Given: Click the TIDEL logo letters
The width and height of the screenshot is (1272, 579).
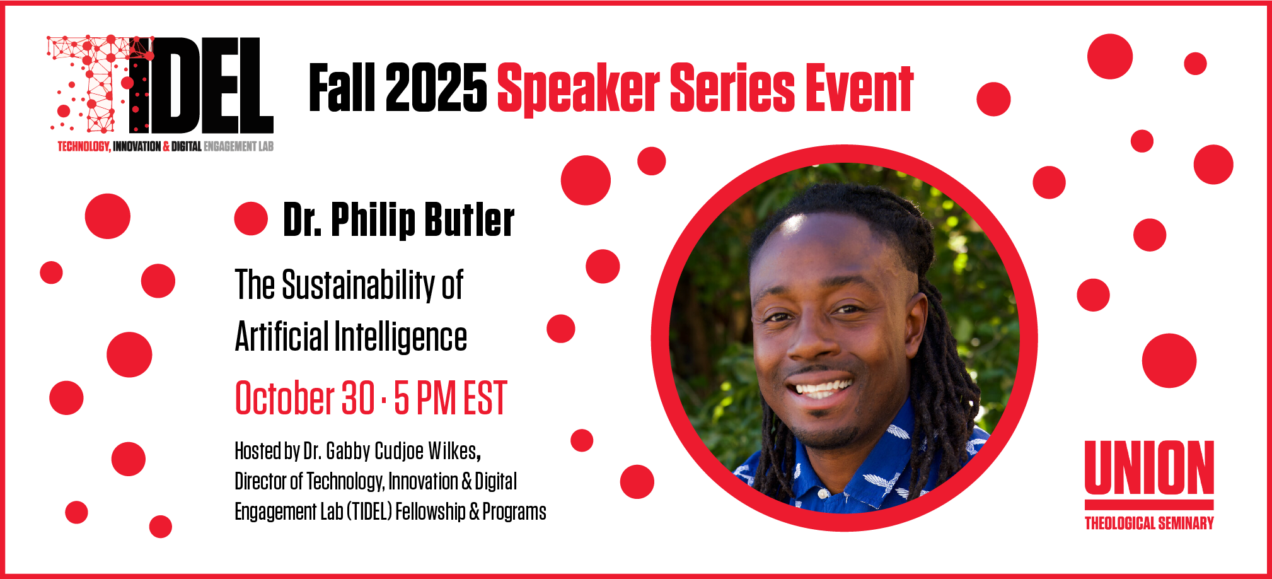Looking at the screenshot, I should pyautogui.click(x=202, y=85).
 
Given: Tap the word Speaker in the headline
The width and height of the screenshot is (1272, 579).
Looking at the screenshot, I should pyautogui.click(x=578, y=89).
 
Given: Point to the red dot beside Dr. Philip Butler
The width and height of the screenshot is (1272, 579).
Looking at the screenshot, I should pyautogui.click(x=251, y=219).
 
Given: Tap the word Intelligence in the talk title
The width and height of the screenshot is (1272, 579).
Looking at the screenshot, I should pyautogui.click(x=400, y=337).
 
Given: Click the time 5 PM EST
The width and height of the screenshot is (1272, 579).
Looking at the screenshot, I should pyautogui.click(x=450, y=398).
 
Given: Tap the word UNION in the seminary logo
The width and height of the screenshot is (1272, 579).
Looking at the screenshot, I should pyautogui.click(x=1148, y=468).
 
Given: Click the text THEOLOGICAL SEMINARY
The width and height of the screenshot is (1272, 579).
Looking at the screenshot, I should pyautogui.click(x=1148, y=523).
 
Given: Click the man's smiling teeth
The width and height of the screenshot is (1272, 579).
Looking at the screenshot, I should pyautogui.click(x=822, y=387).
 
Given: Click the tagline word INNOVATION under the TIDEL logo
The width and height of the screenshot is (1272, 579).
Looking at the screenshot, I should pyautogui.click(x=137, y=146).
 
